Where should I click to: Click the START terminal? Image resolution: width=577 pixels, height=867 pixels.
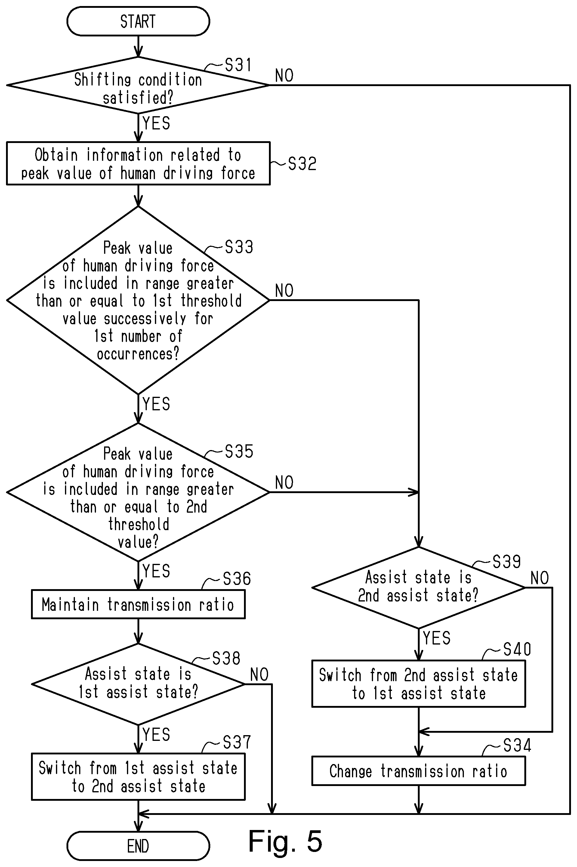pyautogui.click(x=138, y=21)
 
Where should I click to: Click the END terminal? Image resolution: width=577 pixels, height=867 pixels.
pyautogui.click(x=138, y=846)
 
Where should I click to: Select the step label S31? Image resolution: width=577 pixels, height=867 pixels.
pyautogui.click(x=238, y=65)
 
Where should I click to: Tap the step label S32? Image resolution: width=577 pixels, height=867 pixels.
pyautogui.click(x=302, y=163)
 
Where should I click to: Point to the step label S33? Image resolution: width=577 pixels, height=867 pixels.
pyautogui.click(x=239, y=247)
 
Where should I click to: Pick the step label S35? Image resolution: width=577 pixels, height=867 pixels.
pyautogui.click(x=239, y=451)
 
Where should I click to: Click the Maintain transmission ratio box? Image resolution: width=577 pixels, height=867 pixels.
pyautogui.click(x=138, y=604)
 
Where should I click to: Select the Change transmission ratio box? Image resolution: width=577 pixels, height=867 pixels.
pyautogui.click(x=418, y=771)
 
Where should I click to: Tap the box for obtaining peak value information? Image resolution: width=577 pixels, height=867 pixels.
pyautogui.click(x=138, y=163)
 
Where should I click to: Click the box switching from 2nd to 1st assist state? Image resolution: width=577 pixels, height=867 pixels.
pyautogui.click(x=418, y=684)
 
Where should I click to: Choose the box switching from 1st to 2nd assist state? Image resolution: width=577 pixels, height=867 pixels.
pyautogui.click(x=138, y=777)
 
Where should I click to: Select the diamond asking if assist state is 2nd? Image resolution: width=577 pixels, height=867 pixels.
pyautogui.click(x=418, y=588)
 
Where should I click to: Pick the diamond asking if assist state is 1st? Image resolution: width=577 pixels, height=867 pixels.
pyautogui.click(x=138, y=684)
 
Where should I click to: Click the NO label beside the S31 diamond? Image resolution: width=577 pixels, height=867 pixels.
pyautogui.click(x=284, y=76)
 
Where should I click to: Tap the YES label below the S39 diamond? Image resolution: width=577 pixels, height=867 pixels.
pyautogui.click(x=437, y=638)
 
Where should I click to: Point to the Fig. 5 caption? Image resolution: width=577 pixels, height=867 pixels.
pyautogui.click(x=285, y=841)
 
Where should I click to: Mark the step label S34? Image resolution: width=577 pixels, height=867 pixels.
pyautogui.click(x=517, y=745)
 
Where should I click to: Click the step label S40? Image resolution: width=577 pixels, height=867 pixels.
pyautogui.click(x=517, y=649)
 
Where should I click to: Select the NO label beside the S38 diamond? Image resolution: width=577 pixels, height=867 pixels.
pyautogui.click(x=259, y=675)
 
